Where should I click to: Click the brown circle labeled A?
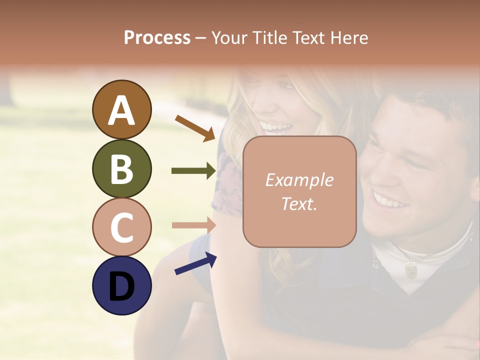[x=121, y=109]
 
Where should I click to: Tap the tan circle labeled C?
[x=121, y=227]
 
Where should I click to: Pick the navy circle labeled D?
[x=121, y=285]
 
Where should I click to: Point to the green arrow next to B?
[x=193, y=171]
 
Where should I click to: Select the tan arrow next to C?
[x=193, y=225]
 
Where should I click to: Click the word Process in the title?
[x=157, y=37]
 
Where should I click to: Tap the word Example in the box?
[x=299, y=180]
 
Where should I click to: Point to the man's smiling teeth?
[x=390, y=201]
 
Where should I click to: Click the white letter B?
[x=121, y=168]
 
